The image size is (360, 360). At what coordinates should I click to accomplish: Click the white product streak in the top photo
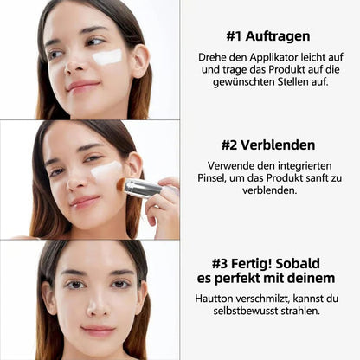[x=107, y=57]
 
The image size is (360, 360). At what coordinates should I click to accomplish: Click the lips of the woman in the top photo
[x=82, y=87]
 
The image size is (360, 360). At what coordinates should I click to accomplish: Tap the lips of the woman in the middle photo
[x=86, y=201]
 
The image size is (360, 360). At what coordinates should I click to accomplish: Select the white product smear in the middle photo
[x=106, y=170]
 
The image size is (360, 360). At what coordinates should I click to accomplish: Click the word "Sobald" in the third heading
[x=310, y=262]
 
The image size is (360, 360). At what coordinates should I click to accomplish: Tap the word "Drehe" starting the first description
[x=215, y=58]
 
